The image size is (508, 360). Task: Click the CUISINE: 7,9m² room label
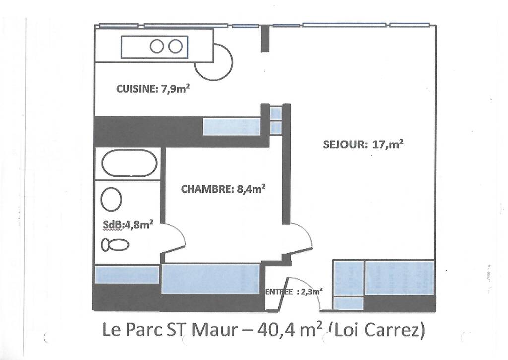[x=153, y=89]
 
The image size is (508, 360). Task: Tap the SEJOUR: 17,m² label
[x=363, y=144]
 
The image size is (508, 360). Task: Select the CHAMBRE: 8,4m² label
[x=223, y=189]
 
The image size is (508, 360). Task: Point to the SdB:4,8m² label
[x=128, y=225]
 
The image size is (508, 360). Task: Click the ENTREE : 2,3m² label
[x=294, y=292]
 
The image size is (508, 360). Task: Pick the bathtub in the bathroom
[x=129, y=163]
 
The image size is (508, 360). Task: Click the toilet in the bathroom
[x=115, y=245]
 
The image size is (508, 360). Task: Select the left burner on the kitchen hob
[x=156, y=46]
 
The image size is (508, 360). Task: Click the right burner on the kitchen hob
[x=175, y=46]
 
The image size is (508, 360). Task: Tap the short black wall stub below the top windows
[x=265, y=38]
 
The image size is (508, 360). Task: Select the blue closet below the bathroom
[x=127, y=275]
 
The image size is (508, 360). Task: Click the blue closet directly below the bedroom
[x=211, y=279]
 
